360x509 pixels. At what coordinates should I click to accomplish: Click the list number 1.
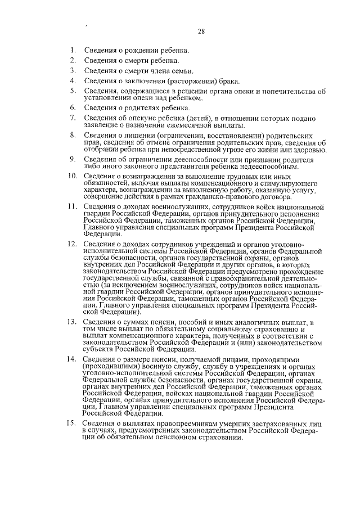click(73, 50)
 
